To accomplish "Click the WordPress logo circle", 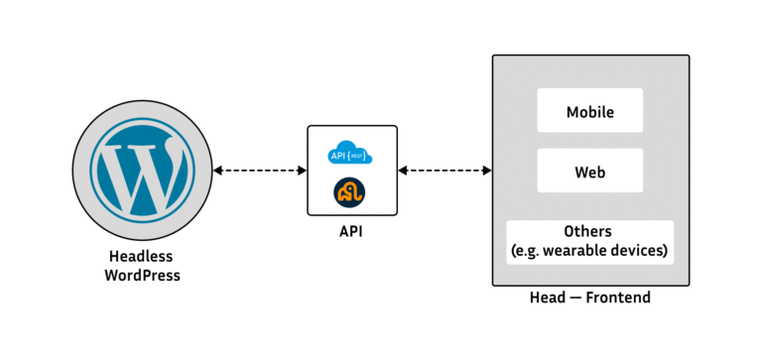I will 142,171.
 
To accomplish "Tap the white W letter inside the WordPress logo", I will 142,171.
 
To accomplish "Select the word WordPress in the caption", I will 142,275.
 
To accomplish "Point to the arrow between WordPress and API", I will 260,171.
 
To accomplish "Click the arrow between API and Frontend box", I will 444,171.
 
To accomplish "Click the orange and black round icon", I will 351,189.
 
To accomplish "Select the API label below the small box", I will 351,232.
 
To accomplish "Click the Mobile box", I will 589,111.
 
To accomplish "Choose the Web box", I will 589,171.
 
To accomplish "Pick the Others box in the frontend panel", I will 589,241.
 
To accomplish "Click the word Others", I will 590,231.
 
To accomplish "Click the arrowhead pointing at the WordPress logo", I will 217,171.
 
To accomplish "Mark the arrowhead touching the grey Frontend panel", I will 487,171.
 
